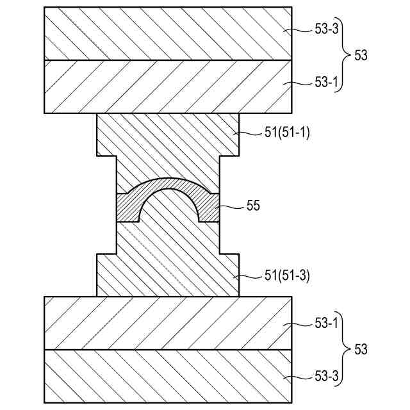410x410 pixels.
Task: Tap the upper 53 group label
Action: (x=361, y=56)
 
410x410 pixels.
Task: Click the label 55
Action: (x=254, y=206)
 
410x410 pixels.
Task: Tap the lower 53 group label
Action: (x=361, y=350)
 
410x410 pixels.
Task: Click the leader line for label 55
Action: (x=233, y=206)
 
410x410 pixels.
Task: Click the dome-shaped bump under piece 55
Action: (x=168, y=208)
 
